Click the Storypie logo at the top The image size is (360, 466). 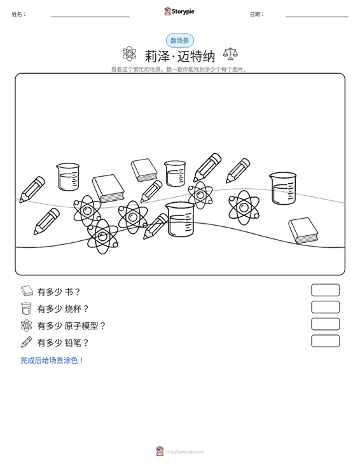(x=179, y=11)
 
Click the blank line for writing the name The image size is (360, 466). (x=90, y=17)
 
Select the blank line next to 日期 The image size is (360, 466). (x=317, y=17)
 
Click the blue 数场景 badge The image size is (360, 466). (x=180, y=41)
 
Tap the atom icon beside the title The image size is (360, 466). (x=129, y=54)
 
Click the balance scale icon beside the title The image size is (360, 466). (x=230, y=54)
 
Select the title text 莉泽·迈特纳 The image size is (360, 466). (x=180, y=56)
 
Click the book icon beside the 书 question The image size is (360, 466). (x=27, y=291)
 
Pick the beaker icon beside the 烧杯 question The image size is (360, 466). (x=27, y=308)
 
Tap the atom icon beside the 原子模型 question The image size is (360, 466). (x=27, y=325)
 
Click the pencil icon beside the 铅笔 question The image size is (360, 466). (x=27, y=342)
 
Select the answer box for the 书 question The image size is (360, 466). (x=326, y=290)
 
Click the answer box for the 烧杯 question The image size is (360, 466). (x=326, y=307)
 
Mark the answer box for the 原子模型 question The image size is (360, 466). (x=326, y=324)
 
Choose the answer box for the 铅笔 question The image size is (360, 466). (x=326, y=341)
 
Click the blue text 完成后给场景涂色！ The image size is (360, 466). (x=52, y=360)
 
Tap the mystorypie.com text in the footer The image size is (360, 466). (x=185, y=452)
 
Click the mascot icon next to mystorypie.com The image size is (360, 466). (x=160, y=451)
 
